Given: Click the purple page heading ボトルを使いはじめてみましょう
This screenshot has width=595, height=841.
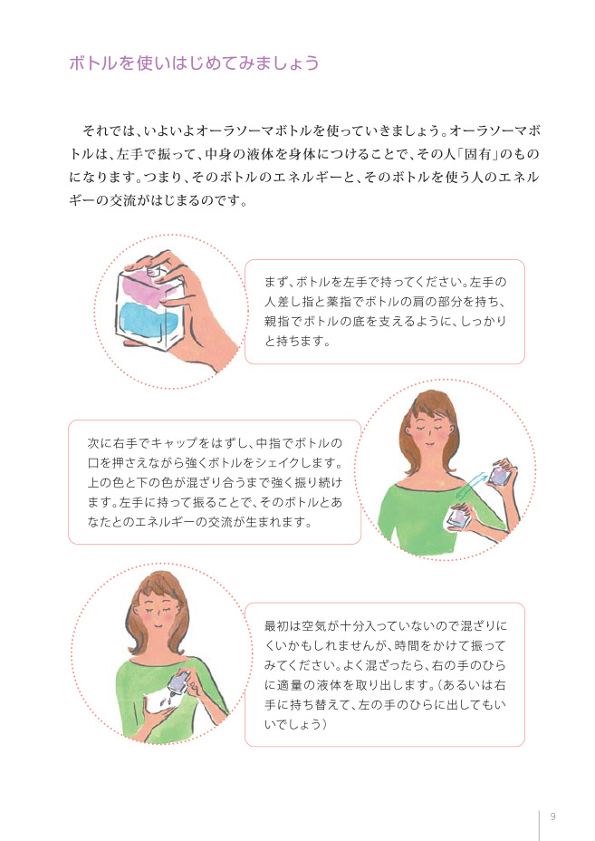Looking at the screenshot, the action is pyautogui.click(x=194, y=63).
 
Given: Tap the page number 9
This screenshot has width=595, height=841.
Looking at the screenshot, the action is pyautogui.click(x=553, y=817).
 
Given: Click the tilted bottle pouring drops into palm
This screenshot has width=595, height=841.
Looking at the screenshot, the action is pyautogui.click(x=178, y=685).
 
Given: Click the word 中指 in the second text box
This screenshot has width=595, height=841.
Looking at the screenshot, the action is pyautogui.click(x=268, y=443).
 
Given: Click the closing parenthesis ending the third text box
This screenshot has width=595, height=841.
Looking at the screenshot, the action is pyautogui.click(x=325, y=725).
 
